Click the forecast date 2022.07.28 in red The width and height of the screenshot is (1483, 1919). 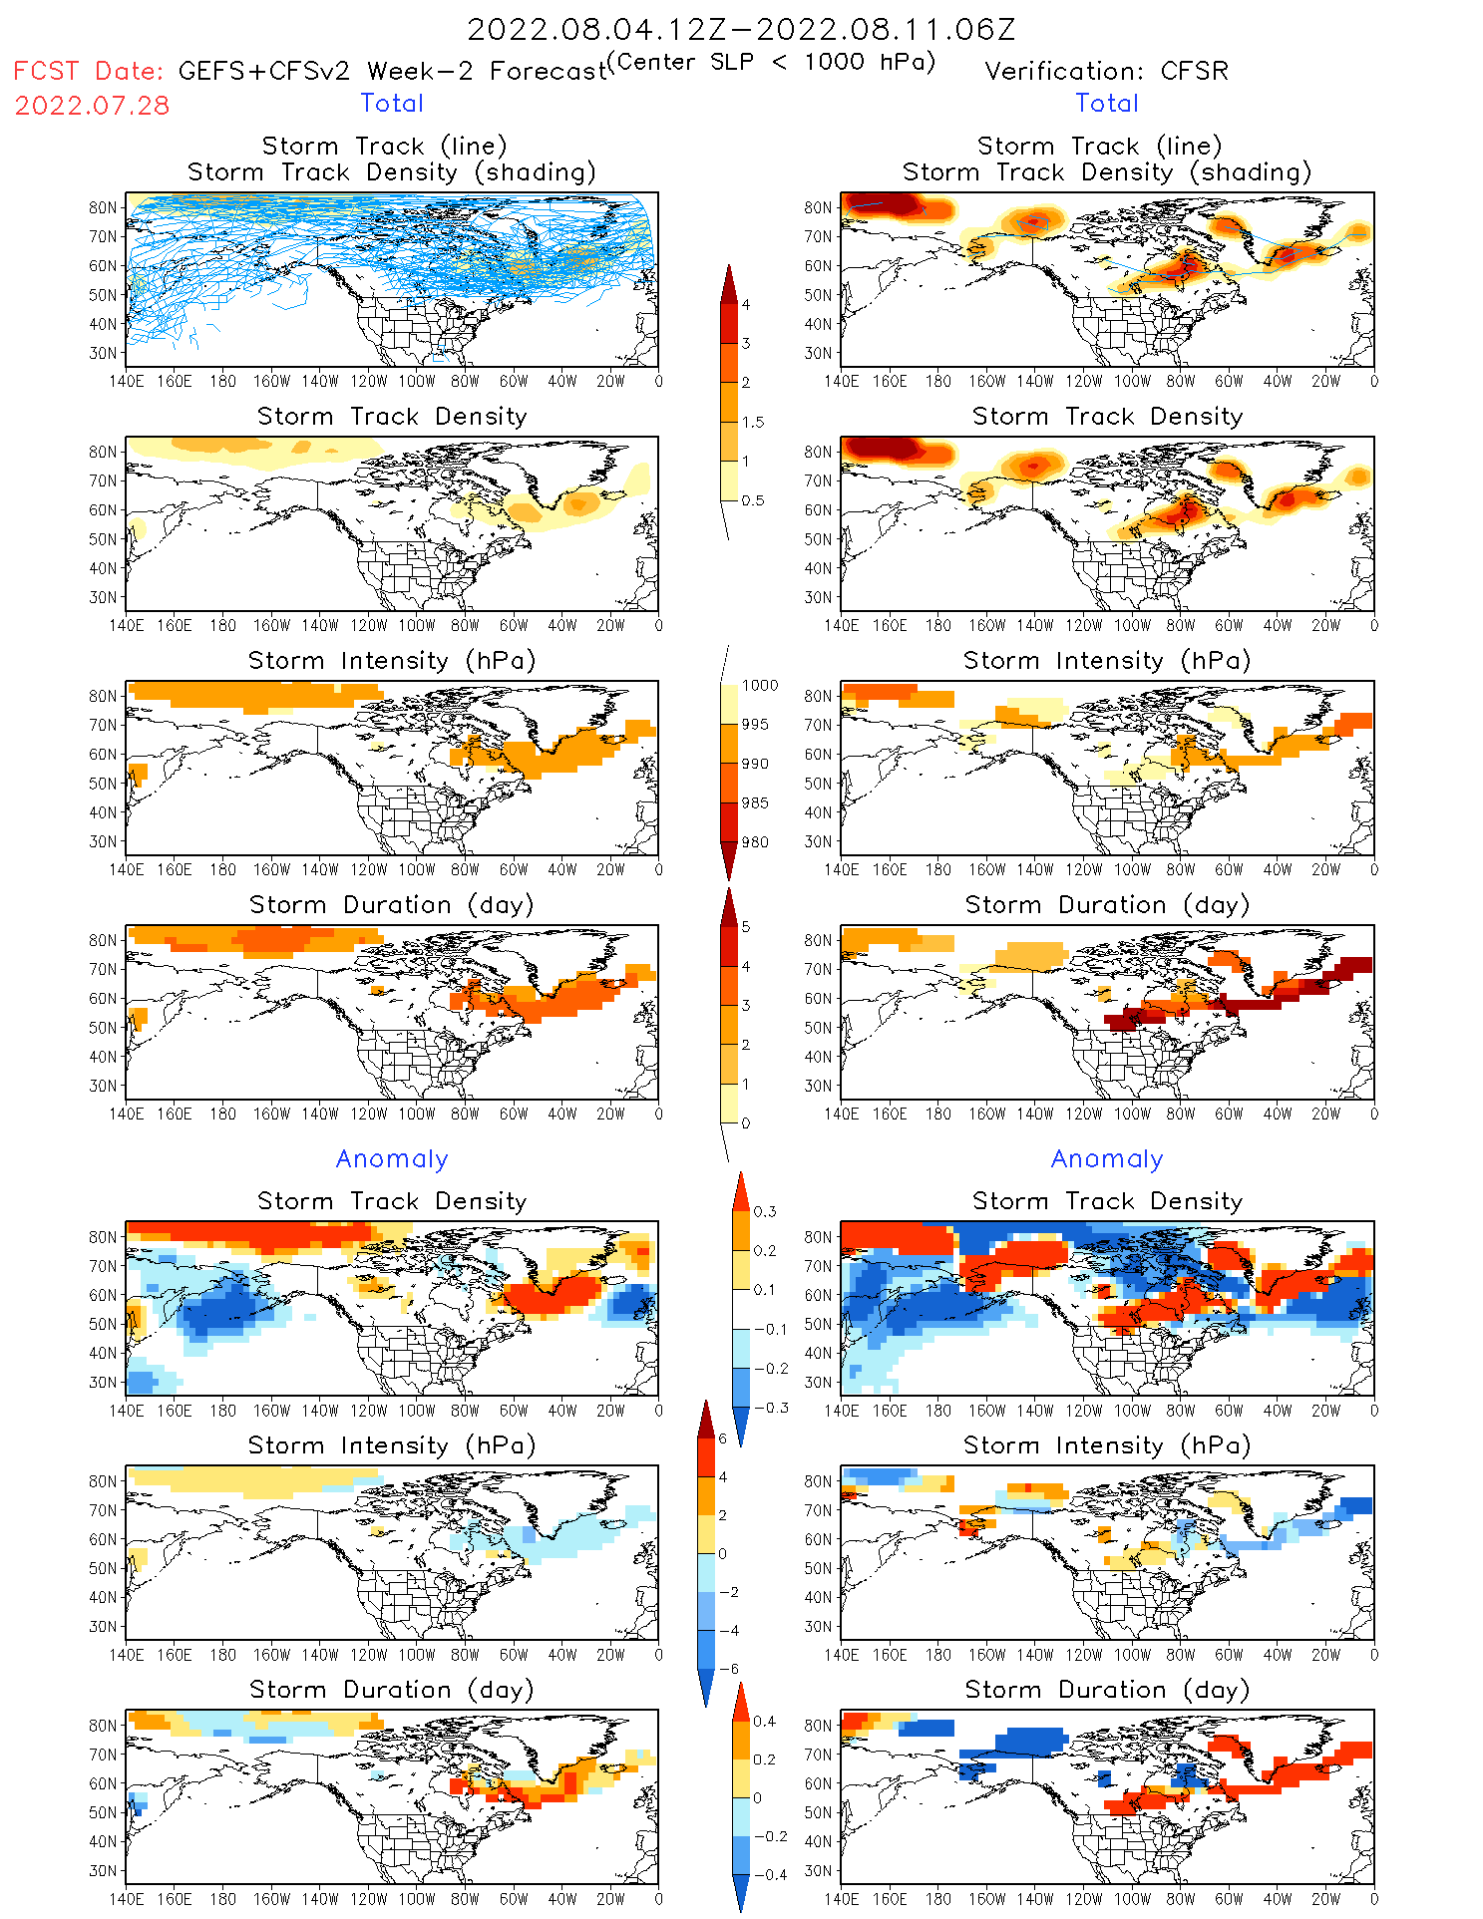(92, 106)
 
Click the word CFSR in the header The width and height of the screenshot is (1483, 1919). (1194, 72)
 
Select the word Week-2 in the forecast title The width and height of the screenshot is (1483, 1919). (420, 72)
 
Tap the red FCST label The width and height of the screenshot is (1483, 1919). (46, 72)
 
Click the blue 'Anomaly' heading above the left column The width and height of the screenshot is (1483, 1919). (392, 1159)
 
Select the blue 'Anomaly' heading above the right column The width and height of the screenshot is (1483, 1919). (1107, 1159)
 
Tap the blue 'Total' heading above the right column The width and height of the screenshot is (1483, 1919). (1107, 104)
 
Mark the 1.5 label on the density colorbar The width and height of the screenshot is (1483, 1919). (753, 423)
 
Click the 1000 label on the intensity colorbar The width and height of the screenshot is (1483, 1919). (760, 686)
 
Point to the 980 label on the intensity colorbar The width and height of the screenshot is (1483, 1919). (755, 842)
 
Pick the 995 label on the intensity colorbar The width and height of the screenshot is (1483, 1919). (755, 725)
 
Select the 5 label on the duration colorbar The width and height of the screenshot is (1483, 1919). (746, 927)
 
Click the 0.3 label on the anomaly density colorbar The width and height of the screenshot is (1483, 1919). (765, 1212)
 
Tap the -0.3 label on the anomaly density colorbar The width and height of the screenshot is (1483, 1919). (770, 1409)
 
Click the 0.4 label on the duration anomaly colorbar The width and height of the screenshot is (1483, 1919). (765, 1722)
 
